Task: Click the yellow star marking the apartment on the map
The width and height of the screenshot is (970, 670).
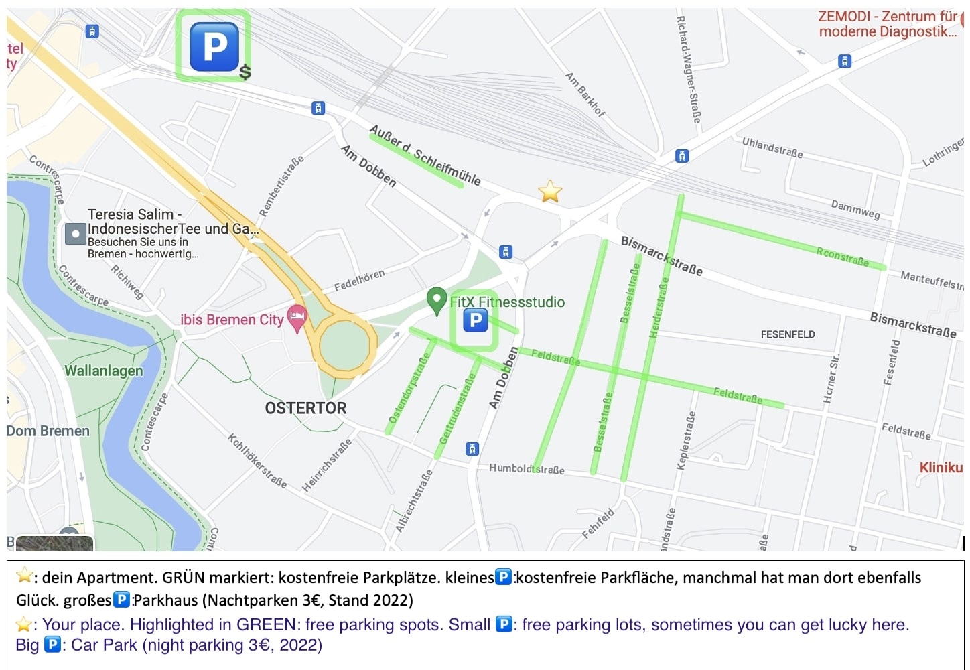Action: pos(550,192)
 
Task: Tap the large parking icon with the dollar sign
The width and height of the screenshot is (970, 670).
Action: pos(214,47)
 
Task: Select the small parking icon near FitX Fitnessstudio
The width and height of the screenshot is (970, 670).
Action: pos(475,321)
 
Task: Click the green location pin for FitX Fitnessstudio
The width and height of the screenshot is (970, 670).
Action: pos(437,300)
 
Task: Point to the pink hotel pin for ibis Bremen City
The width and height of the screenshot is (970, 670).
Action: pos(297,317)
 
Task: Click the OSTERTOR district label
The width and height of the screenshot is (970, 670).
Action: pos(305,408)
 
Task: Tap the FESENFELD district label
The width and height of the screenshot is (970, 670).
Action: pos(788,334)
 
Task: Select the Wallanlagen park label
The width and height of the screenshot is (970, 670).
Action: pos(104,371)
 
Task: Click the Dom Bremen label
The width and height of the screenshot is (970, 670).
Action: pos(48,431)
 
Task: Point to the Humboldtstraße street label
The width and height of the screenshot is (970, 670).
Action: pos(527,469)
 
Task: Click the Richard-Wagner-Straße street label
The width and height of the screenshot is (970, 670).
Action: pos(689,70)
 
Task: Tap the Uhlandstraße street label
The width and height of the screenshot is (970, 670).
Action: pos(772,147)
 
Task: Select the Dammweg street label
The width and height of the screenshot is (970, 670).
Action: pos(855,209)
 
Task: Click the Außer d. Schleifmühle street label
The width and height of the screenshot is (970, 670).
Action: pos(425,155)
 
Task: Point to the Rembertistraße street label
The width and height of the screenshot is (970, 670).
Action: pos(281,186)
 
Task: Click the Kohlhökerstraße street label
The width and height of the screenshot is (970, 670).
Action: pos(257,461)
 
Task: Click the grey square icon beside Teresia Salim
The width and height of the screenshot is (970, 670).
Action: pos(75,234)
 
